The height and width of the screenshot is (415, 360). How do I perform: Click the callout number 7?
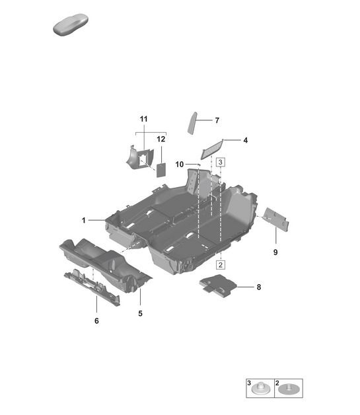pos(217,121)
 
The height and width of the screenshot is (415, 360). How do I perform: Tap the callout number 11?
pos(144,119)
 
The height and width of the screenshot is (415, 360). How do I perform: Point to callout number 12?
pos(161,139)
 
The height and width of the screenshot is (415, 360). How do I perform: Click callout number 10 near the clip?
pos(179,163)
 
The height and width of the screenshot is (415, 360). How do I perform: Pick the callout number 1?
pos(84,219)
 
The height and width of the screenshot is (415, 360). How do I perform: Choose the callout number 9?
pos(275,252)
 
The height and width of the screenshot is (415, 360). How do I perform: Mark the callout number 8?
pos(259,287)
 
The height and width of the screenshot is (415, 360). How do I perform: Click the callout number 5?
pos(140,313)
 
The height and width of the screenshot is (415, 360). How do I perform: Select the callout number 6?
pos(96,321)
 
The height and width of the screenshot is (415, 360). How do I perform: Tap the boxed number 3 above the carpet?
pos(221,162)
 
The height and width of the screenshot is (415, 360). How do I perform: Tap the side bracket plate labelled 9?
pos(276,220)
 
